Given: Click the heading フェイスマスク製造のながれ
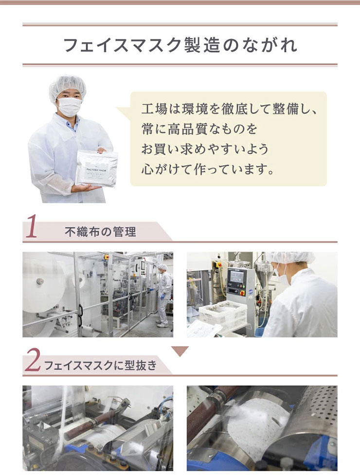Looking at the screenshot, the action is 180,45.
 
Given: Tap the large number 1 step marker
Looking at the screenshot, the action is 31,226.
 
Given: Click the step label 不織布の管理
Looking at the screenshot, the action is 100,232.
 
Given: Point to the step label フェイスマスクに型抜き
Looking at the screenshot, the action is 101,365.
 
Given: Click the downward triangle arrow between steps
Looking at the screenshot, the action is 180,351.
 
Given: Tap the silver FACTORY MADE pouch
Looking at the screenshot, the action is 97,168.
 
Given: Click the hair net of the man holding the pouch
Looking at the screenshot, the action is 67,87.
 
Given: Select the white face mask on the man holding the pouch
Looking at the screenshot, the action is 70,106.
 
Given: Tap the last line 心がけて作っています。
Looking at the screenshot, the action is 207,169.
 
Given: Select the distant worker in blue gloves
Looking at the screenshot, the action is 163,296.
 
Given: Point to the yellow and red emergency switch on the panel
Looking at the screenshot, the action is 242,293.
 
